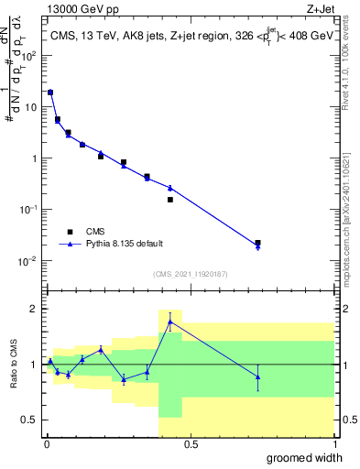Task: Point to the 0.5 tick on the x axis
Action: [191, 444]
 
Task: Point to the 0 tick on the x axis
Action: [47, 444]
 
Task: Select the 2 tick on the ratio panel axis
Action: [35, 309]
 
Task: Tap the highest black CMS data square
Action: [50, 93]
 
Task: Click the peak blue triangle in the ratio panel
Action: [170, 322]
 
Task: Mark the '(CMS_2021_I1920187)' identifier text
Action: [190, 273]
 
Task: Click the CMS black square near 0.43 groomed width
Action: [170, 199]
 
